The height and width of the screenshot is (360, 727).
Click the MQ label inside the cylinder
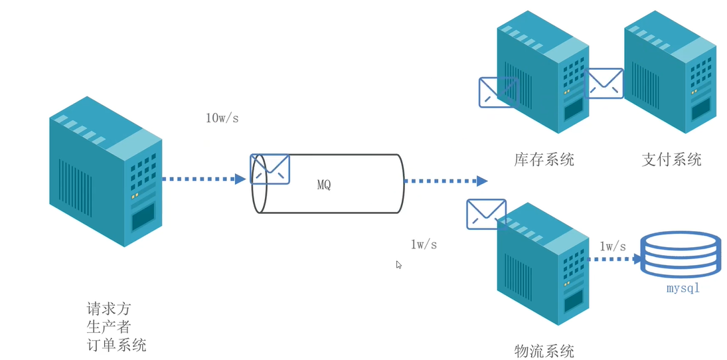[x=323, y=185]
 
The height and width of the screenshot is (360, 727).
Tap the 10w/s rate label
[x=222, y=118]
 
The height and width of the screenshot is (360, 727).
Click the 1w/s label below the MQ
[x=424, y=244]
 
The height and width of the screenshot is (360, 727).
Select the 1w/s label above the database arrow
[x=612, y=246]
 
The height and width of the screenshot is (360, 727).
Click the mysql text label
[x=683, y=289]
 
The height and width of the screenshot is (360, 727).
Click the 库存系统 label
[x=544, y=159]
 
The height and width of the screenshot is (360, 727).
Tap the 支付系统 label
[x=671, y=159]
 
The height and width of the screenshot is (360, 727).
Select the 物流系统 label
[x=544, y=351]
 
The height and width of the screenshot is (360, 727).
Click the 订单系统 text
[x=116, y=345]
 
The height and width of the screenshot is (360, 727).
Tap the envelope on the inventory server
[x=499, y=92]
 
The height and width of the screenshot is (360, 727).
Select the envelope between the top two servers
[x=604, y=83]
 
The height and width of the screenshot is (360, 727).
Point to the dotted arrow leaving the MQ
[x=445, y=181]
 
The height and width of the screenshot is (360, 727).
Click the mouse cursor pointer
[x=399, y=264]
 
